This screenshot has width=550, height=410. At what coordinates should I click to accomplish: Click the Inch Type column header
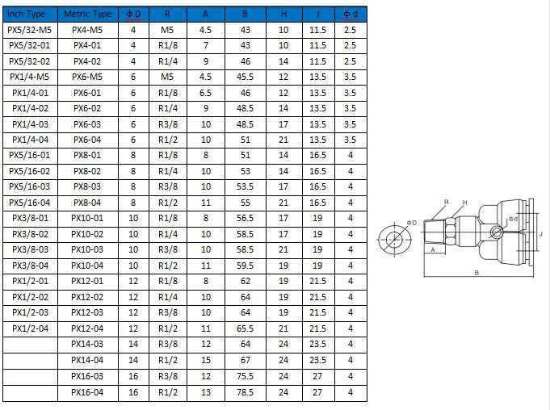click(26, 14)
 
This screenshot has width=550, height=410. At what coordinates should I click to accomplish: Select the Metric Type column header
click(87, 14)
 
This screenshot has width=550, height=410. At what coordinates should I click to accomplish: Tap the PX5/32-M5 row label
click(29, 30)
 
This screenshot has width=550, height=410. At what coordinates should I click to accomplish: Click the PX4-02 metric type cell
click(87, 61)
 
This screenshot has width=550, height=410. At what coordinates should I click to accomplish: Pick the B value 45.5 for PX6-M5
click(245, 77)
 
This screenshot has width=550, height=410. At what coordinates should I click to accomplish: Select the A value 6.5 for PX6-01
click(206, 93)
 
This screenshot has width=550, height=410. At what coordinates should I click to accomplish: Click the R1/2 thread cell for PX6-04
click(168, 140)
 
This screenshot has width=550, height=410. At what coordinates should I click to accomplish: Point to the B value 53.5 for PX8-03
click(245, 186)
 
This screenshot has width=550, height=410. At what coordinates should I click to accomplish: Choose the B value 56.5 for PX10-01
click(245, 218)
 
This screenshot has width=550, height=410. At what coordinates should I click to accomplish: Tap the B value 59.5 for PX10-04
click(245, 266)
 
